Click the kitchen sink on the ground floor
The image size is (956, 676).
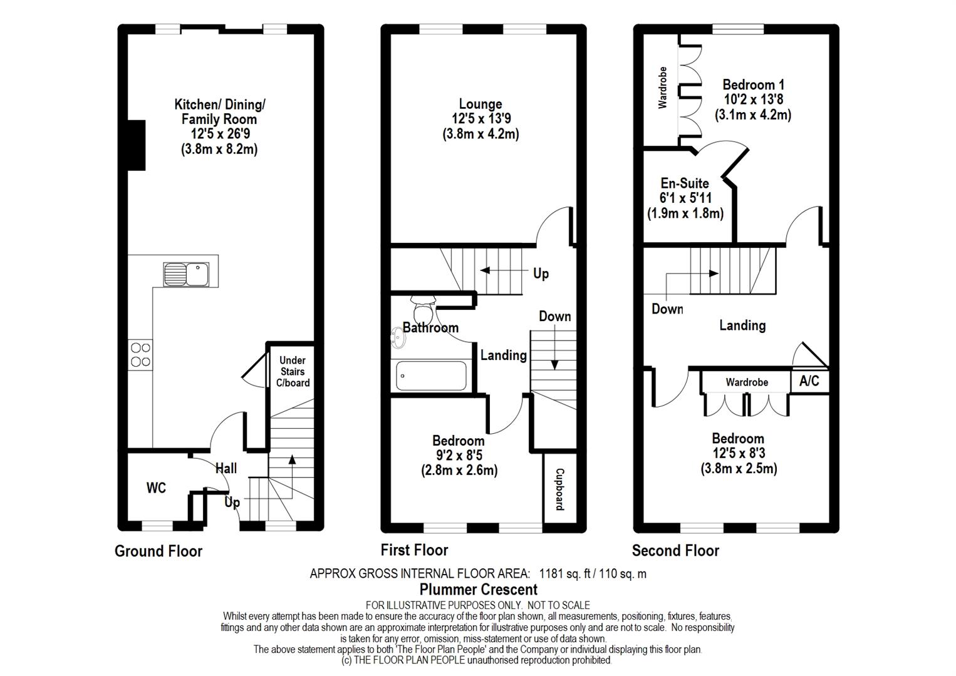click(186, 274)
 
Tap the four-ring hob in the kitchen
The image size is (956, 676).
click(140, 355)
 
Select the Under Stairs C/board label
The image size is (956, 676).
click(293, 371)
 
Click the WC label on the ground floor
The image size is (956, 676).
click(156, 488)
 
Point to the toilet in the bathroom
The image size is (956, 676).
click(423, 308)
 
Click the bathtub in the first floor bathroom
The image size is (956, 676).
click(431, 376)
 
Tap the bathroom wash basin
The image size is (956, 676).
click(398, 338)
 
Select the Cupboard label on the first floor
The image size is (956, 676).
click(559, 489)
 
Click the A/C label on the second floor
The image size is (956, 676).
click(809, 381)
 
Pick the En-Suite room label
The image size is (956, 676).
click(685, 183)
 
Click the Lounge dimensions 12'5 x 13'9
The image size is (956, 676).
click(481, 118)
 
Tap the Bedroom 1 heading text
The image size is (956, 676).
click(753, 84)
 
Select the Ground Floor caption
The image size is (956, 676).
click(158, 551)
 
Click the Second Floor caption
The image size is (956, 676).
click(675, 551)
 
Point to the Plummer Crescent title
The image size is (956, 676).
click(479, 590)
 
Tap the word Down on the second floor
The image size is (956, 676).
click(667, 309)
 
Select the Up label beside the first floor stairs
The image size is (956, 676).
click(541, 274)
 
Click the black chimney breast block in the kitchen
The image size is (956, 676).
click(137, 145)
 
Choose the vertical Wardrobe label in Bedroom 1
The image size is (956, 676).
click(662, 88)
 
